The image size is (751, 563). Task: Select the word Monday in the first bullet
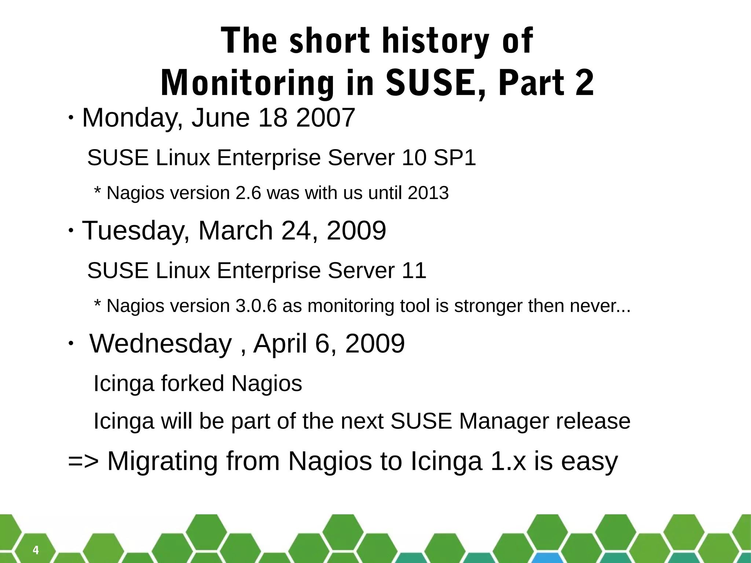pyautogui.click(x=129, y=118)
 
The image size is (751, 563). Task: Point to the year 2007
pyautogui.click(x=325, y=118)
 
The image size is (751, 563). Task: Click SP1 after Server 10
pyautogui.click(x=454, y=158)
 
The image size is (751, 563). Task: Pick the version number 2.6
pyautogui.click(x=248, y=193)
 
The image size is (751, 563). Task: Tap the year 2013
pyautogui.click(x=428, y=193)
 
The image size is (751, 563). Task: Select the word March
pyautogui.click(x=235, y=231)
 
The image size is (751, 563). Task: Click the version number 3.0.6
pyautogui.click(x=256, y=306)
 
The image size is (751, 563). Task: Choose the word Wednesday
pyautogui.click(x=161, y=344)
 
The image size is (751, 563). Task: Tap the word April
pyautogui.click(x=280, y=344)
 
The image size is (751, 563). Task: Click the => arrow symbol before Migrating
pyautogui.click(x=83, y=461)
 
